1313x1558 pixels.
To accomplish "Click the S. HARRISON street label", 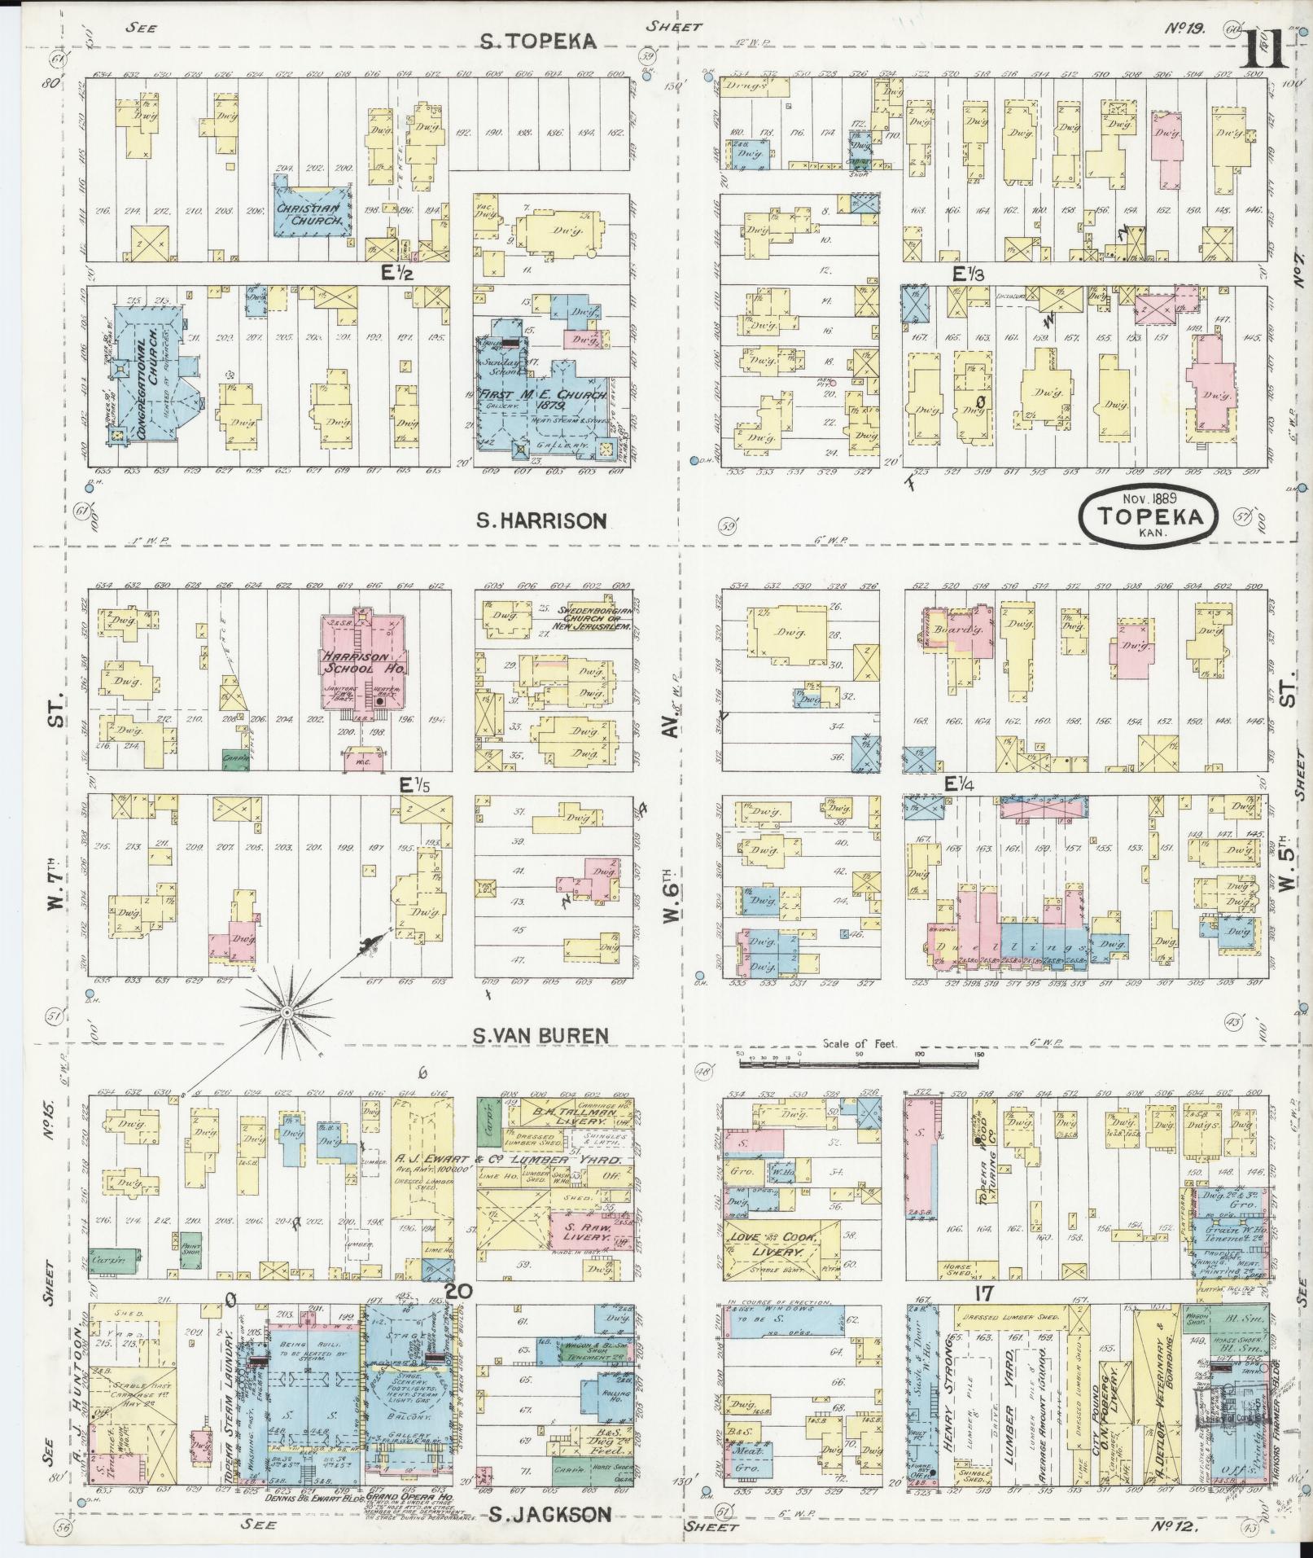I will point(542,520).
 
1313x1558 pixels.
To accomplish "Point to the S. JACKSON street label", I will point(550,1514).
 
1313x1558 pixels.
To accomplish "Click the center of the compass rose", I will point(287,1012).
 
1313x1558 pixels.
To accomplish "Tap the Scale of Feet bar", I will point(859,1054).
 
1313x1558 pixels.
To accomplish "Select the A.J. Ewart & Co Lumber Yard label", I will point(508,1159).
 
